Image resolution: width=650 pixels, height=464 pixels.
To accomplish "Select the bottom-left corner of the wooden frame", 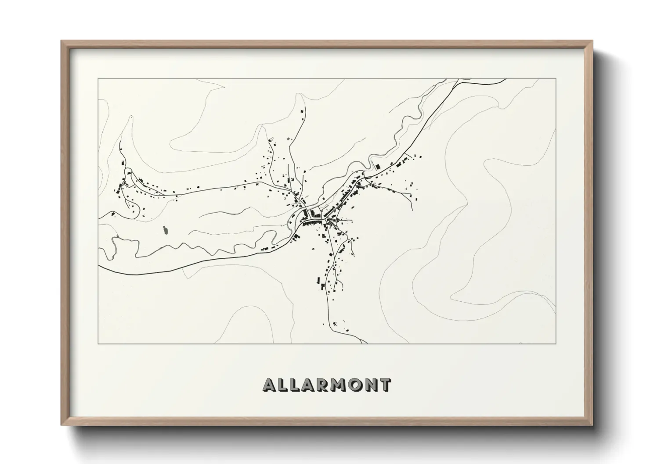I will pos(62,425).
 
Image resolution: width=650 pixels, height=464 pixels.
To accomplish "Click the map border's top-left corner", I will pos(98,79).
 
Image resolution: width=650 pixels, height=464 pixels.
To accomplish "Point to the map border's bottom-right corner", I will pos(556,344).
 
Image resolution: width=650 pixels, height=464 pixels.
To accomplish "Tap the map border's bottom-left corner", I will pos(98,344).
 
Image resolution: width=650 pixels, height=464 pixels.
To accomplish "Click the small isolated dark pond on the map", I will pos(166,229).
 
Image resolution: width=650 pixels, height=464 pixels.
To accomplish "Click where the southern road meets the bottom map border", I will pos(366,343).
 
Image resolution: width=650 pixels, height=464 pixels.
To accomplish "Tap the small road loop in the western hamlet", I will pos(128,171).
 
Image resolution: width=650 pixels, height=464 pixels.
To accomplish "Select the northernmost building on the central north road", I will pos(302,112).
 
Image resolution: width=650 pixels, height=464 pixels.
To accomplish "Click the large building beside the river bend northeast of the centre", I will pos(377,167).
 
